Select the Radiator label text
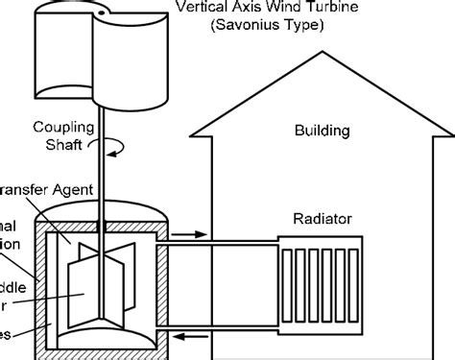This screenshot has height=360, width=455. (x=323, y=219)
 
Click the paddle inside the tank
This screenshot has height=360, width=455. (x=96, y=278)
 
